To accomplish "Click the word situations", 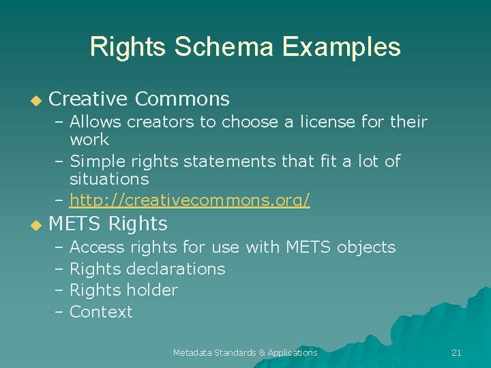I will pos(109,179).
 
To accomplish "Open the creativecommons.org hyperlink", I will pos(190,200).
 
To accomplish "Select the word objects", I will pos(366,247).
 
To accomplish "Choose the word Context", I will pos(101,312).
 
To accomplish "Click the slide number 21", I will pos(456,352).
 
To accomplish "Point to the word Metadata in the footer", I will pos(192,352).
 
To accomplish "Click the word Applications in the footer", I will pos(293,352).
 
